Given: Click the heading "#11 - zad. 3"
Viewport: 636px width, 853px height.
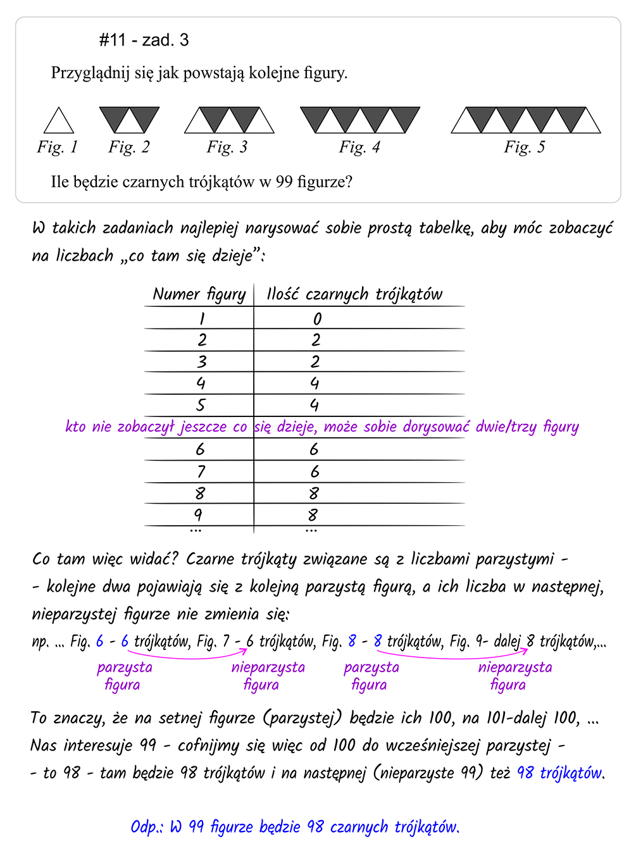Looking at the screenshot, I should click(x=144, y=40).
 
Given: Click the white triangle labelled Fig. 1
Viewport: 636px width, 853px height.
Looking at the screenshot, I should click(x=59, y=122).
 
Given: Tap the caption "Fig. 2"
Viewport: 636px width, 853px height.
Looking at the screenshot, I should click(x=129, y=147).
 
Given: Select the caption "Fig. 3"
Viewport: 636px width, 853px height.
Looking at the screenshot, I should click(x=227, y=147).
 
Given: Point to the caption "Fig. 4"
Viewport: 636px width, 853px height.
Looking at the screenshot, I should click(x=359, y=147).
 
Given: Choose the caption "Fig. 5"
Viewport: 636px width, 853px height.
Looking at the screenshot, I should click(x=524, y=147).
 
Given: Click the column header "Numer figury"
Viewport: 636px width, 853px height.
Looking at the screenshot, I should click(x=199, y=294).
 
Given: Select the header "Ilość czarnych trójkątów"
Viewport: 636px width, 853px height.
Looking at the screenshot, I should click(x=354, y=294).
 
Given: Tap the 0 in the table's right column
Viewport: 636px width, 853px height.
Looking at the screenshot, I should click(x=317, y=318).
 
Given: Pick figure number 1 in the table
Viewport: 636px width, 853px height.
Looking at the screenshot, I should click(x=202, y=318).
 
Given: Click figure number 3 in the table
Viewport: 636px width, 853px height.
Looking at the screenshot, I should click(x=202, y=362).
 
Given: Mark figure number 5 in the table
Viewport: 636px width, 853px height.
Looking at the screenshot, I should click(x=201, y=405).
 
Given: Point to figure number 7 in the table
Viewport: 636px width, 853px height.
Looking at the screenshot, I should click(x=201, y=471).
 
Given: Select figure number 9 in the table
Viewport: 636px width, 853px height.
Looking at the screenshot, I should click(x=199, y=515).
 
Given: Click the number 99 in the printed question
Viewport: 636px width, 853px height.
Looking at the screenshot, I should click(x=284, y=182).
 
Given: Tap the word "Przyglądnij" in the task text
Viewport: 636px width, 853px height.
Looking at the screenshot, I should click(x=90, y=73).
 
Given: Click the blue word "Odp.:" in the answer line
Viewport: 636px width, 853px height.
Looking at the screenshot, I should click(x=147, y=827).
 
